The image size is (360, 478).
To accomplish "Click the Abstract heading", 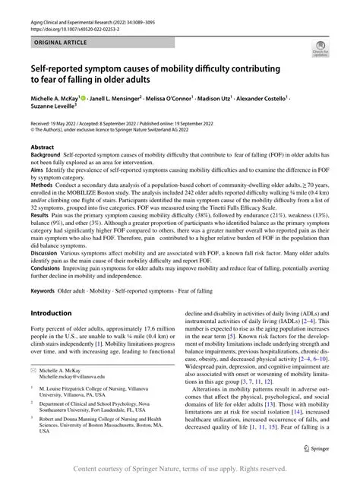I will click(42, 145).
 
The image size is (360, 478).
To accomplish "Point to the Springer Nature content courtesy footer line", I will click(179, 468).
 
